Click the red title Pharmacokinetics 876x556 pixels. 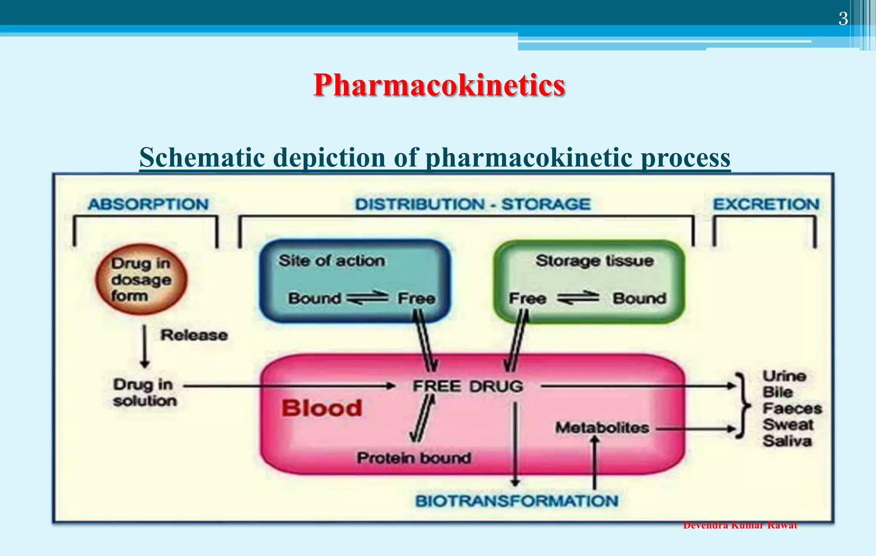pyautogui.click(x=439, y=85)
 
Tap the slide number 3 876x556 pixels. pyautogui.click(x=843, y=19)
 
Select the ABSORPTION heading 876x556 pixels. pyautogui.click(x=148, y=204)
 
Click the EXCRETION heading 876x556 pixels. pyautogui.click(x=766, y=204)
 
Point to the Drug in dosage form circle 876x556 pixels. pyautogui.click(x=141, y=279)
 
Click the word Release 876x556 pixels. pyautogui.click(x=194, y=335)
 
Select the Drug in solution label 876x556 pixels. pyautogui.click(x=144, y=393)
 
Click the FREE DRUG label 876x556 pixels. pyautogui.click(x=468, y=386)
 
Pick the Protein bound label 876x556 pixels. pyautogui.click(x=414, y=458)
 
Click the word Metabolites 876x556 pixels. pyautogui.click(x=602, y=428)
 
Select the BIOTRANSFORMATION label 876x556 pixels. pyautogui.click(x=517, y=501)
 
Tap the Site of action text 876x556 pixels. pyautogui.click(x=331, y=260)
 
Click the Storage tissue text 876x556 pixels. pyautogui.click(x=595, y=260)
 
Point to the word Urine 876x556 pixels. pyautogui.click(x=784, y=376)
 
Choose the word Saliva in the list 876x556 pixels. pyautogui.click(x=787, y=441)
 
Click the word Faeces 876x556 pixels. pyautogui.click(x=792, y=408)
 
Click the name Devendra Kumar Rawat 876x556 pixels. pyautogui.click(x=740, y=526)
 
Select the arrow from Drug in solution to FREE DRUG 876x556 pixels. pyautogui.click(x=289, y=386)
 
